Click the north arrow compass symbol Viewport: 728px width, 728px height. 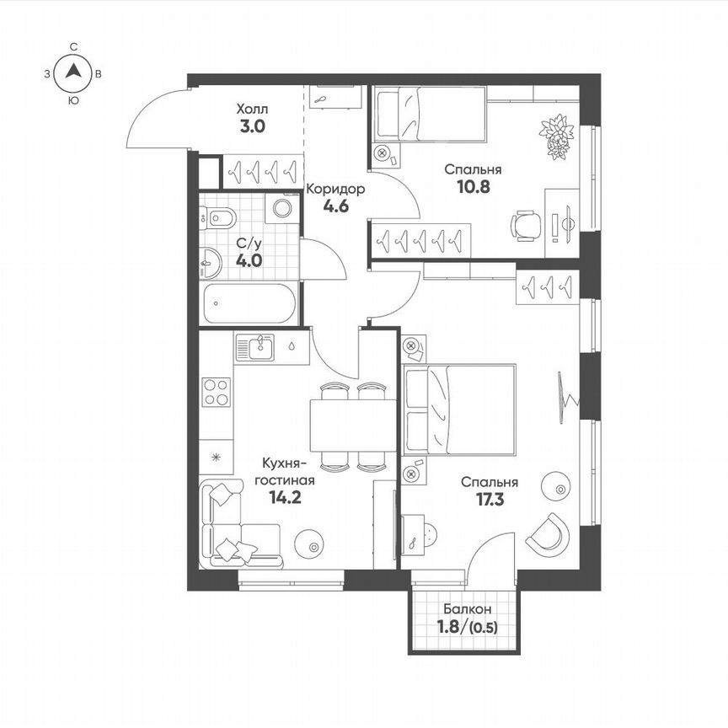point(74,73)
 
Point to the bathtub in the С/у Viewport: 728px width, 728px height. point(249,303)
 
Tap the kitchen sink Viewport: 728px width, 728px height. point(256,345)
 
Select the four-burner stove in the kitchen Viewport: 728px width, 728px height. point(217,392)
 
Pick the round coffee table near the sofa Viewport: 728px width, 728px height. point(313,545)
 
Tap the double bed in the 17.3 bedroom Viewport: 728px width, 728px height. point(459,409)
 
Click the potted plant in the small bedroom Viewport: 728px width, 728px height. point(557,135)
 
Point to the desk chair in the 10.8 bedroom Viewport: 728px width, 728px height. point(526,225)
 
